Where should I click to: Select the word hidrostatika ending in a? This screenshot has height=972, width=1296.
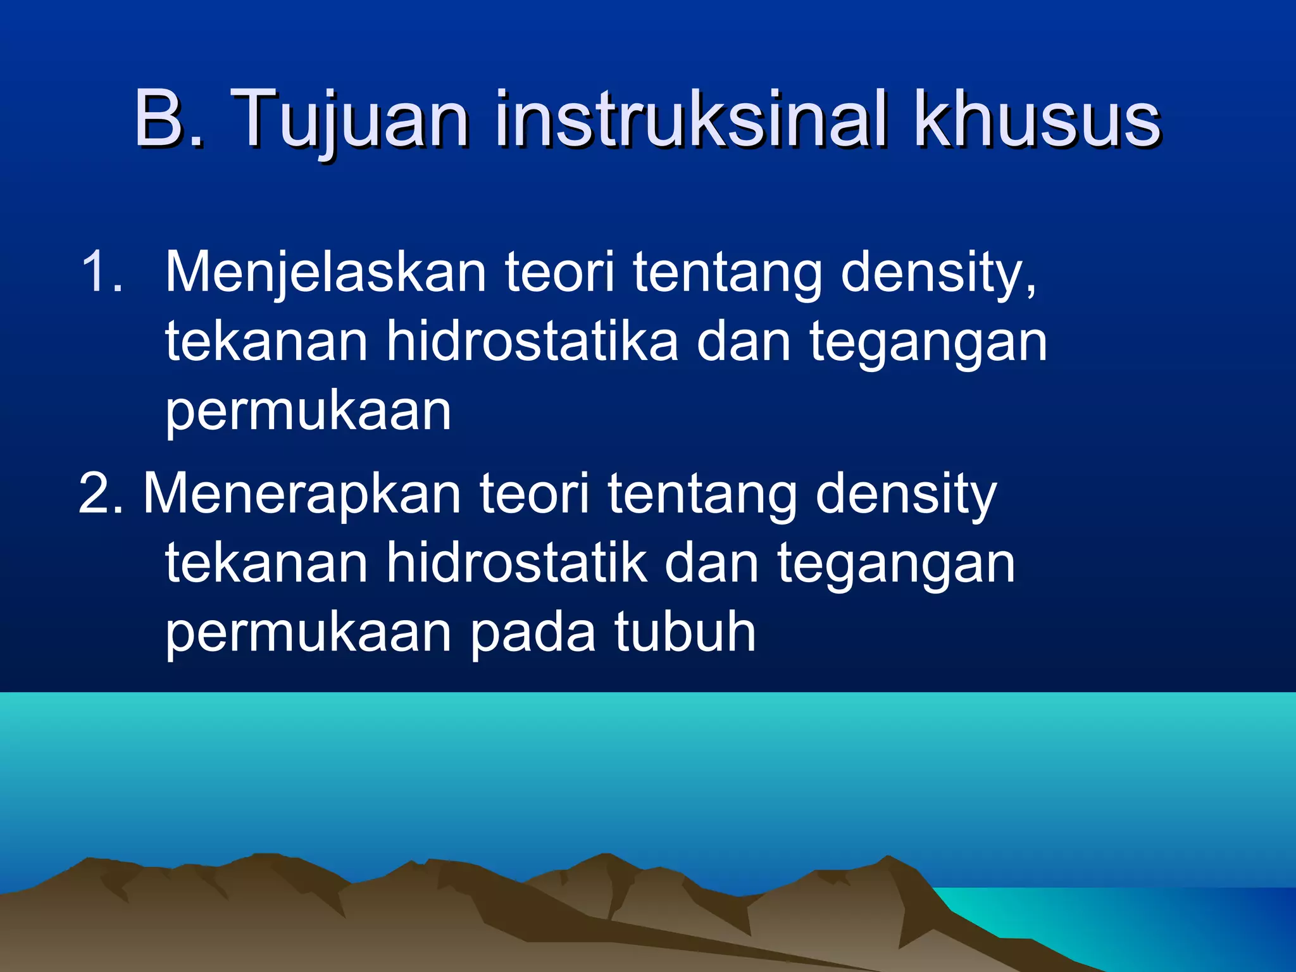(x=532, y=342)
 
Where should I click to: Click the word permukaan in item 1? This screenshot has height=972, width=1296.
(x=308, y=411)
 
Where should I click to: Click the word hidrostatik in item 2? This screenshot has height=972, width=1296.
(x=516, y=563)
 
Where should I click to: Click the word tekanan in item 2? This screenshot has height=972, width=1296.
(x=266, y=563)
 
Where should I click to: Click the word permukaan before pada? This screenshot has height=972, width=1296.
(x=308, y=632)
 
